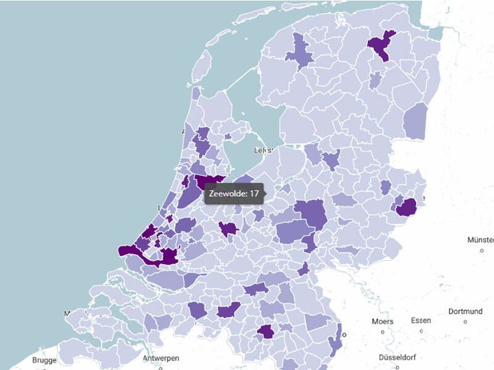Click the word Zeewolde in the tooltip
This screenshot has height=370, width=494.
[226, 194]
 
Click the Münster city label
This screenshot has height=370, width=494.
[481, 239]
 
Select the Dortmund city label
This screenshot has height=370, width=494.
[465, 311]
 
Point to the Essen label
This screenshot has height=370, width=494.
[421, 321]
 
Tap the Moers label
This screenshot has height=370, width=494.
[382, 321]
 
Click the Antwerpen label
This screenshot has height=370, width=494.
[161, 358]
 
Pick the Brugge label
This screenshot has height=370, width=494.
[44, 360]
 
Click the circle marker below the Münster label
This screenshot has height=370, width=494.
[481, 250]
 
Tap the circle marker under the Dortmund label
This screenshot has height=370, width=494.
[465, 322]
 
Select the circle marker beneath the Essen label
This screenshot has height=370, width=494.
[421, 331]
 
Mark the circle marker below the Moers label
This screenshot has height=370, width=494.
[382, 332]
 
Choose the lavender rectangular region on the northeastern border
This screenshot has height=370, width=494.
[416, 121]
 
